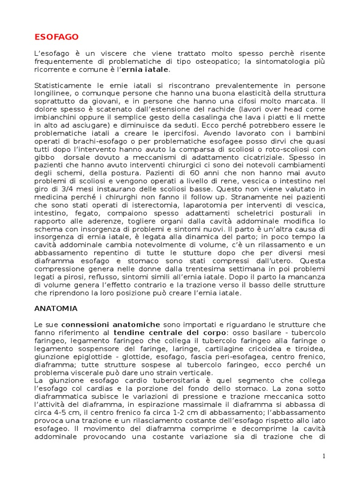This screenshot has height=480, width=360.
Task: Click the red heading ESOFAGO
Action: pyautogui.click(x=56, y=37)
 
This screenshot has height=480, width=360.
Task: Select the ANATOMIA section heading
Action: pyautogui.click(x=56, y=309)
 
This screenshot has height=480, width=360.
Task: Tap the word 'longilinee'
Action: pyautogui.click(x=52, y=94)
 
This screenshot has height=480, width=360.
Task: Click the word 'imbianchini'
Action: pyautogui.click(x=57, y=118)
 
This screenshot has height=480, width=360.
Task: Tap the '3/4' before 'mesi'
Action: pyautogui.click(x=64, y=189)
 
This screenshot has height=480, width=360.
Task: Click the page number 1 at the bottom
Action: pyautogui.click(x=323, y=456)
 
